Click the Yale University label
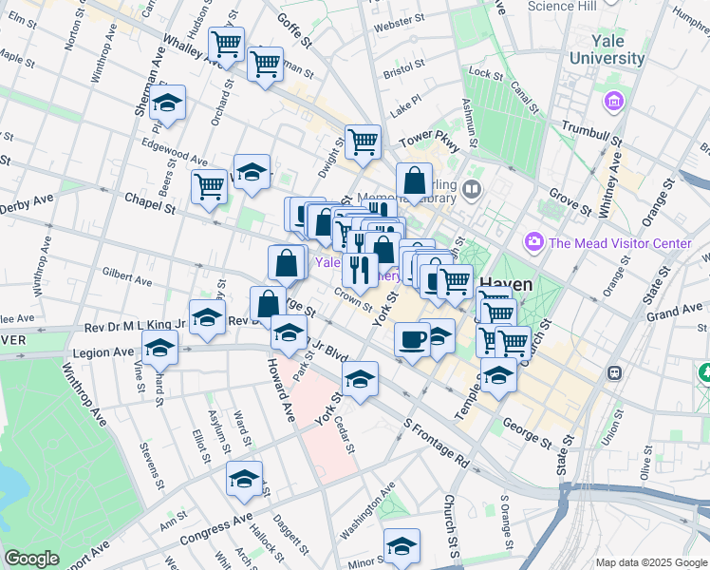click(607, 49)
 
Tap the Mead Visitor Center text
click(619, 243)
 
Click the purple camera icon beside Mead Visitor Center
click(534, 243)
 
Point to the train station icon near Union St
click(615, 372)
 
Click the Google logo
click(31, 559)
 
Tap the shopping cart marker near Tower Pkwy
click(363, 142)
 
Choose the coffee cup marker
click(412, 339)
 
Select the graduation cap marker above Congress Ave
click(244, 480)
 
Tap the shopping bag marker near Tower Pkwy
click(415, 180)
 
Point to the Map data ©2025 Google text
click(650, 562)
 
